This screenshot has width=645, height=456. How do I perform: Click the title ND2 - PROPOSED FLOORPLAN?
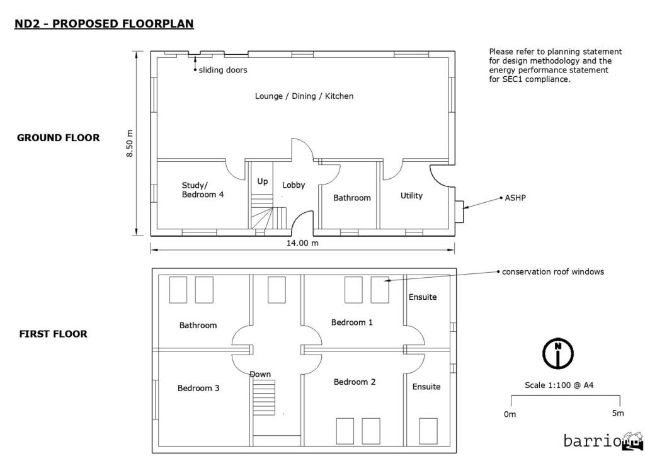(104, 24)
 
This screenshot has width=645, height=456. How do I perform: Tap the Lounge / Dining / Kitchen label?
(304, 96)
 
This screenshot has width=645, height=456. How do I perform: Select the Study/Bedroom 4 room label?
(203, 190)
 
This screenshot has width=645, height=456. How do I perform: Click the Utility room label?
(411, 196)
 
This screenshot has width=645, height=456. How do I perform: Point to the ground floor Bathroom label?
(351, 198)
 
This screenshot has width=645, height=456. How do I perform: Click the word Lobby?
(294, 185)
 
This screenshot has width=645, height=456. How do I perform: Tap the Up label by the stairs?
(263, 181)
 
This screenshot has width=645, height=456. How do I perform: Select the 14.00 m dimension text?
(302, 243)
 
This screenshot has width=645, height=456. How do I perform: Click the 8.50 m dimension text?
(130, 144)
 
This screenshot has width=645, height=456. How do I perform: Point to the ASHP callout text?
(515, 197)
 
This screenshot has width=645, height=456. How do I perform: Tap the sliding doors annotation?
(223, 70)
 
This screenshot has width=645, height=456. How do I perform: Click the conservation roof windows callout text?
(553, 272)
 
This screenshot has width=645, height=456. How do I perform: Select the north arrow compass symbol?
(557, 353)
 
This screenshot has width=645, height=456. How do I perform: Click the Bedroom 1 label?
(352, 322)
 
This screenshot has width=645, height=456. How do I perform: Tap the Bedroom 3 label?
(198, 388)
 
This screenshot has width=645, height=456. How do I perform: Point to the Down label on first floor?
(260, 374)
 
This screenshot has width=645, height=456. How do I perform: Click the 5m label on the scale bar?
(618, 413)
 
